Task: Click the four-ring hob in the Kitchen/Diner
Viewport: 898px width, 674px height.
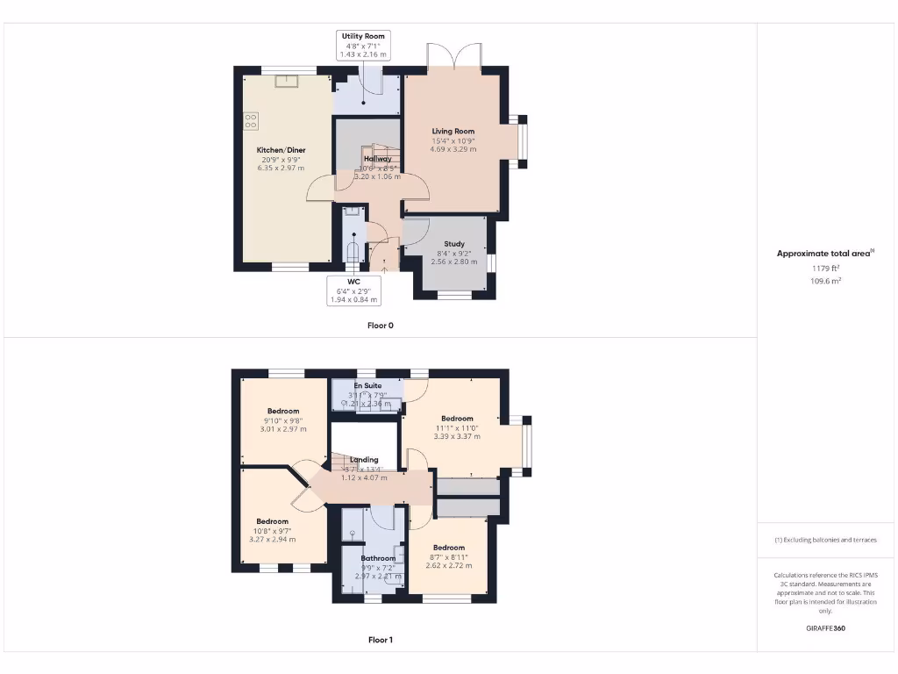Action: click(251, 121)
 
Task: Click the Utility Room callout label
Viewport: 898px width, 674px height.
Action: click(364, 36)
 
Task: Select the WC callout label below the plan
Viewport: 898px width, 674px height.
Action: click(353, 282)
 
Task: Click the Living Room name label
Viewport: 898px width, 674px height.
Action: click(453, 132)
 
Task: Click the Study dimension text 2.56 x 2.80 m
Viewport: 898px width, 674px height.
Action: click(453, 262)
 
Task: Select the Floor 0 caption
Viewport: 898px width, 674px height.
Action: click(380, 326)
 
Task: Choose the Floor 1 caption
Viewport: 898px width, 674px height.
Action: click(380, 640)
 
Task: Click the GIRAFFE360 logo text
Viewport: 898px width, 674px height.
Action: click(826, 628)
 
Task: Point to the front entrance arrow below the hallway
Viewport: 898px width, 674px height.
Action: click(384, 269)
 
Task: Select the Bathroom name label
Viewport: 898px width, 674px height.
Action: click(378, 558)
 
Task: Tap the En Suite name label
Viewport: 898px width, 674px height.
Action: click(367, 385)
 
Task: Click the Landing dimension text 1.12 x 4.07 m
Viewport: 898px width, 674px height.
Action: click(364, 477)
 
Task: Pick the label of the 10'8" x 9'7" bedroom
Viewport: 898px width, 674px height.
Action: click(272, 521)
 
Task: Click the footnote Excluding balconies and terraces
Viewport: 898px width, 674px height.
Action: click(825, 540)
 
